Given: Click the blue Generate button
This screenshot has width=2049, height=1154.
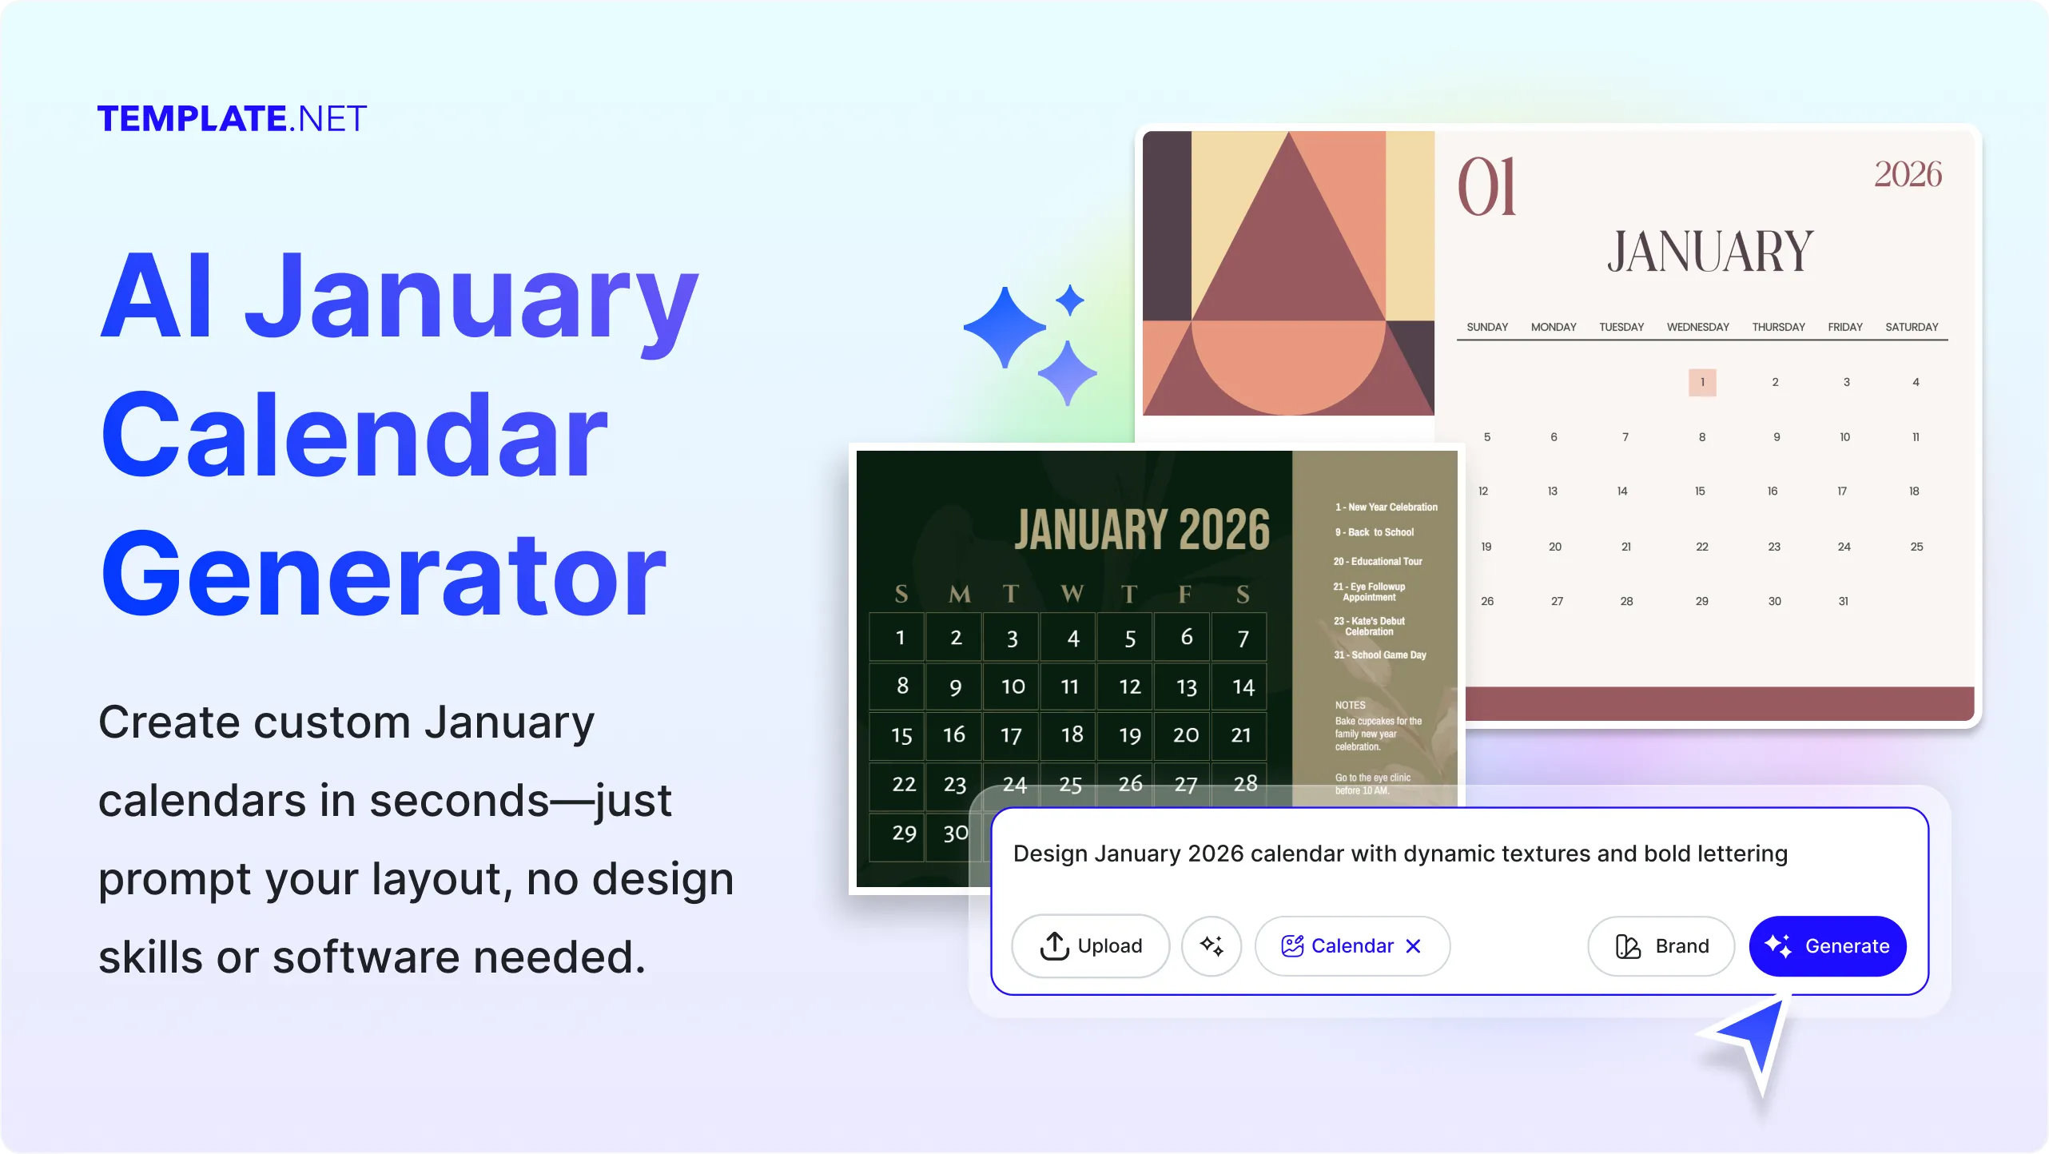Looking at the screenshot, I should (1827, 946).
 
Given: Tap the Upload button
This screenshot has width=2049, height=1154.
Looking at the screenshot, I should (1091, 946).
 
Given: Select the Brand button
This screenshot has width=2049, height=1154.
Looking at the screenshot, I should (1661, 946).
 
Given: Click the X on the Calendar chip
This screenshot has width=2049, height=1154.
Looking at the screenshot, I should (1413, 946).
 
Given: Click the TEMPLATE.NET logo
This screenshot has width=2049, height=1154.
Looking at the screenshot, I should (232, 119).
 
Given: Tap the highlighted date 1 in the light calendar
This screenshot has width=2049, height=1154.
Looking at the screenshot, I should (1702, 382).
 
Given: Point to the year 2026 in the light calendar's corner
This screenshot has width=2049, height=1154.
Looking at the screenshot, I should (1908, 174).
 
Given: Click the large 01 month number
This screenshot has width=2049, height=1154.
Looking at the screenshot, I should (1486, 187).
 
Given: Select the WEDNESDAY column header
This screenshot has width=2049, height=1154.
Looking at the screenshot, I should (1697, 327).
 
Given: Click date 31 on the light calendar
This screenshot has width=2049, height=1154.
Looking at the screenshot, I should (1843, 601).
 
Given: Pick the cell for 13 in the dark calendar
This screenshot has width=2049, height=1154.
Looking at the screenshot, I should (1187, 686).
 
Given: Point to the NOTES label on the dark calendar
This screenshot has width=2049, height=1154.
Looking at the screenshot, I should (1350, 705).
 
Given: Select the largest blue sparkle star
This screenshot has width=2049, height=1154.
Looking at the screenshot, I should (1005, 327).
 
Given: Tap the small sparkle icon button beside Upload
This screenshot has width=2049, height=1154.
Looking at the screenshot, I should (1211, 946).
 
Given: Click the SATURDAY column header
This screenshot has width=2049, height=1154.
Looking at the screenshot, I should (1912, 327).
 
